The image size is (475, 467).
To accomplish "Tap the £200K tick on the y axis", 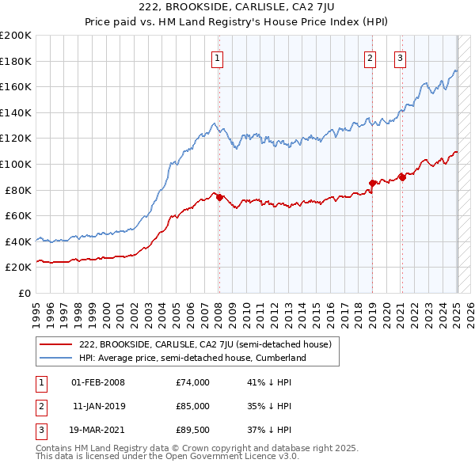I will coord(16,35).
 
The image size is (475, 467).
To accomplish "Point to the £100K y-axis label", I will coord(16,164).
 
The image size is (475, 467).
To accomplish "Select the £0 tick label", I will coord(25,293).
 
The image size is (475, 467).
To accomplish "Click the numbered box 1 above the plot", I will coord(217,57).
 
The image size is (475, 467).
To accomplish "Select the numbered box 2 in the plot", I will coord(370,57).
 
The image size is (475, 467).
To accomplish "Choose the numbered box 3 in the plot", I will coord(401,57).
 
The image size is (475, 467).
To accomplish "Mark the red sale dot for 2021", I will coord(403,177).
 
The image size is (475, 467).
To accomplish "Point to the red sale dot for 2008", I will coord(219,197).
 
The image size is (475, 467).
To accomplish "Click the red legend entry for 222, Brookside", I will coord(210,344).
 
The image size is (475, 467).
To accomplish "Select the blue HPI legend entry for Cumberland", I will coord(192,358).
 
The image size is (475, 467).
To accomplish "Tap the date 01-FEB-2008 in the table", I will coord(98,382).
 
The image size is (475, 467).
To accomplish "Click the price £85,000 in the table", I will coord(192,406).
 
